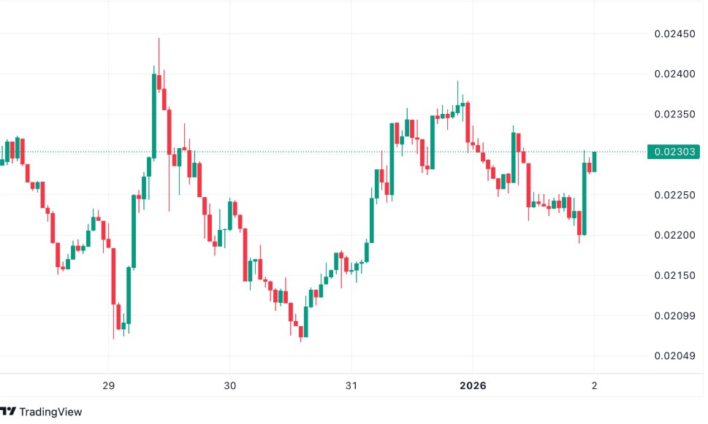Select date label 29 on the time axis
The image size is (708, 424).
tap(108, 385)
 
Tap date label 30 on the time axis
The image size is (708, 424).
tap(229, 385)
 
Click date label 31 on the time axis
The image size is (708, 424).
tap(351, 385)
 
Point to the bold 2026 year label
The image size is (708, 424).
tap(472, 385)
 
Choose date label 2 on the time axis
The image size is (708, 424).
tap(594, 385)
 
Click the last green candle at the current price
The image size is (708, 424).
tap(594, 161)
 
